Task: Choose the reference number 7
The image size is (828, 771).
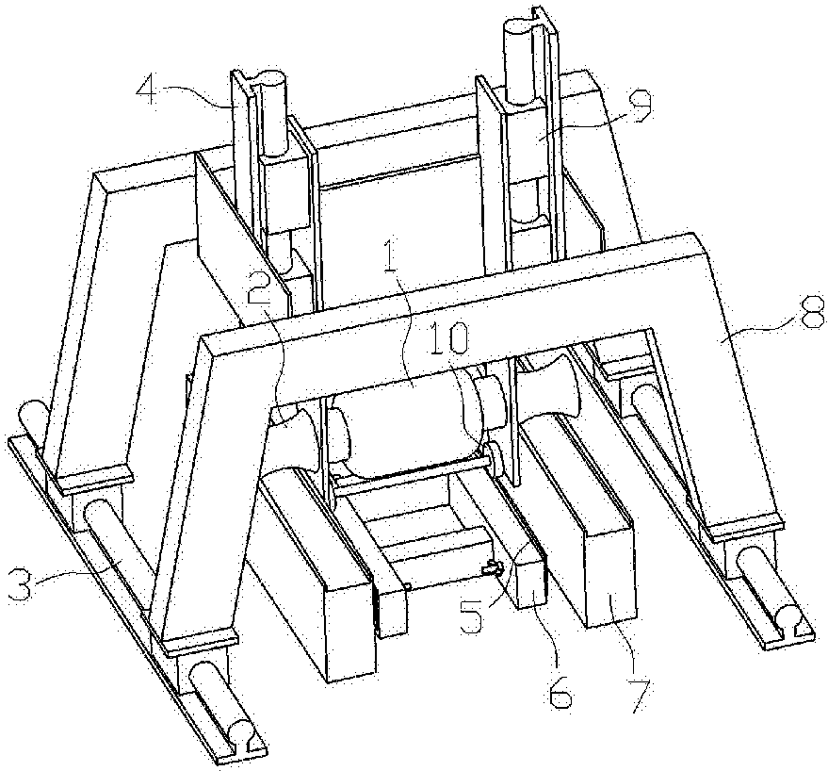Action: (641, 696)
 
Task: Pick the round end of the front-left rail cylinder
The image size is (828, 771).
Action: (239, 733)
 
